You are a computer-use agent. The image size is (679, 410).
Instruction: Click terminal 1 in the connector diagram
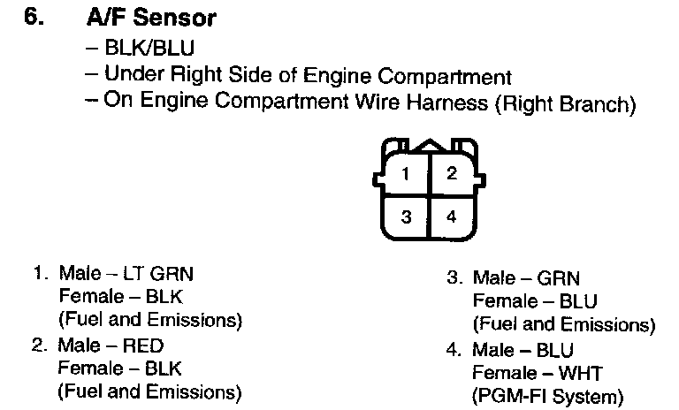click(x=405, y=173)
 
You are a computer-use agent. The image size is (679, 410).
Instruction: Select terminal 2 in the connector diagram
click(x=451, y=173)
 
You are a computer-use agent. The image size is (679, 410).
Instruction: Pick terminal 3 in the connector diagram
click(x=405, y=216)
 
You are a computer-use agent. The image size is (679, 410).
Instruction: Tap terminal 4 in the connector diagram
click(x=451, y=216)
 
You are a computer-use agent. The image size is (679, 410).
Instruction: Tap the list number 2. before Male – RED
click(x=38, y=345)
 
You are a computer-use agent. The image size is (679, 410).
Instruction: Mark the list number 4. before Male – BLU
click(x=454, y=350)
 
